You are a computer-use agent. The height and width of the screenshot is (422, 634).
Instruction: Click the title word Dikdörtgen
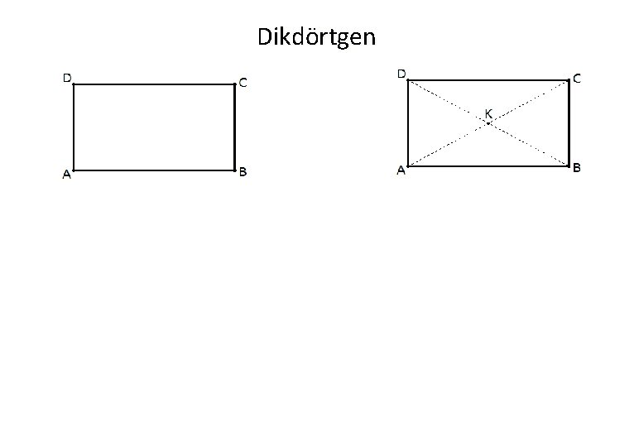pyautogui.click(x=316, y=37)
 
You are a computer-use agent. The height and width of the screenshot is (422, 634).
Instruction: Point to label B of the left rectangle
pyautogui.click(x=243, y=173)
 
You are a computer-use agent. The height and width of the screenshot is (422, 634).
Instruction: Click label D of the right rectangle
pyautogui.click(x=401, y=74)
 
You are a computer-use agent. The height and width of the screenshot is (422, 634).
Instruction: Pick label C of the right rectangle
pyautogui.click(x=576, y=79)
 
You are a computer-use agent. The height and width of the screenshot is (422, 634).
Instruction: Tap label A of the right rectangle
pyautogui.click(x=401, y=171)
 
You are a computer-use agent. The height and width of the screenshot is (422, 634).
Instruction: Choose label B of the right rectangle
pyautogui.click(x=577, y=168)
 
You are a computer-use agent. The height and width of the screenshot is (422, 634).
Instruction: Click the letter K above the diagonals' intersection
pyautogui.click(x=488, y=113)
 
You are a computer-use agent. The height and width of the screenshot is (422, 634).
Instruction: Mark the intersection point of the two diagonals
pyautogui.click(x=488, y=123)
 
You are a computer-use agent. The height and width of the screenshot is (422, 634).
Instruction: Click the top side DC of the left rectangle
pyautogui.click(x=154, y=84)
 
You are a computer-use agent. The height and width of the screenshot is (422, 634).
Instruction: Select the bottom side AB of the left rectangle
pyautogui.click(x=154, y=170)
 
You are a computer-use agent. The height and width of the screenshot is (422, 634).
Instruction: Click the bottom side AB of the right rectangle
pyautogui.click(x=488, y=165)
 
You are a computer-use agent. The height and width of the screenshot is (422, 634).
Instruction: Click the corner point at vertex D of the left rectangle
pyautogui.click(x=74, y=84)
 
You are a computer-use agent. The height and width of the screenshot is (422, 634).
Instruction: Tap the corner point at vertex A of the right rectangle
pyautogui.click(x=408, y=165)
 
